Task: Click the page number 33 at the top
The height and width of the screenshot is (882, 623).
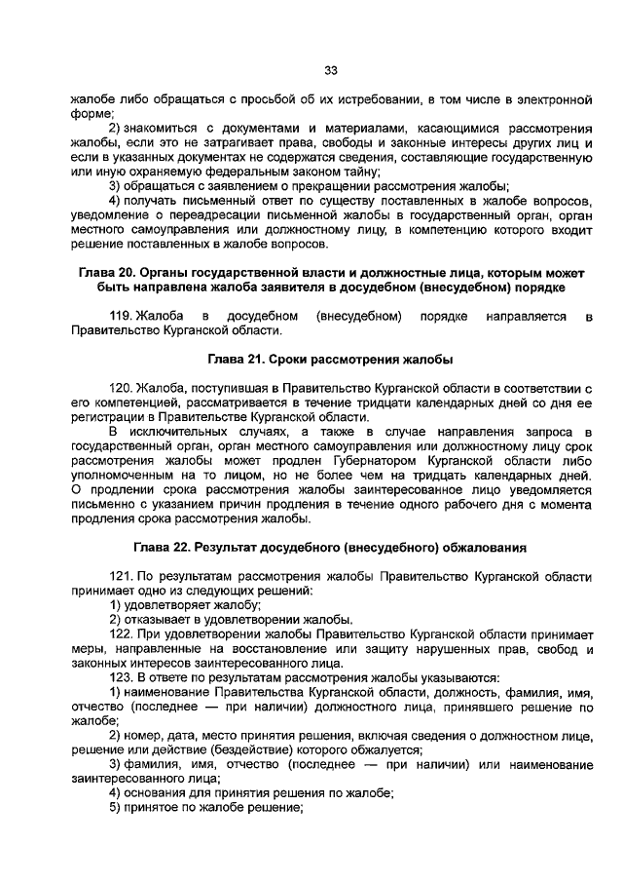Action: coord(330,70)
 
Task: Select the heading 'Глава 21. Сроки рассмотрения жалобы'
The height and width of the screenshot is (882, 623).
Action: coord(330,358)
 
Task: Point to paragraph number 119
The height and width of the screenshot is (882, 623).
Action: coord(121,316)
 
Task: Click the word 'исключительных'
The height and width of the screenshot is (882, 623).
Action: coord(182,432)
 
